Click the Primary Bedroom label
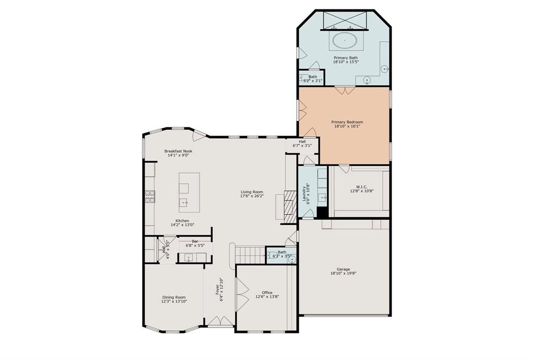347,122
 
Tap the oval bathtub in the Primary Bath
345,40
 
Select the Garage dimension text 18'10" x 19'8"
343,273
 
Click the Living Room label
252,192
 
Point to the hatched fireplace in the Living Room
290,207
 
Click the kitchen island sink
184,203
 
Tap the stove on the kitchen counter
150,197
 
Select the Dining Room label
174,297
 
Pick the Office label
267,293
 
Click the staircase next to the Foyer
250,255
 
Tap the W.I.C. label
362,187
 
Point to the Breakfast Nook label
178,151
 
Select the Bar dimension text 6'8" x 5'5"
195,245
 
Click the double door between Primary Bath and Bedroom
345,90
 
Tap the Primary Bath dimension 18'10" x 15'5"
346,62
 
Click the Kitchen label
182,221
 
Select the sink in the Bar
189,258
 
